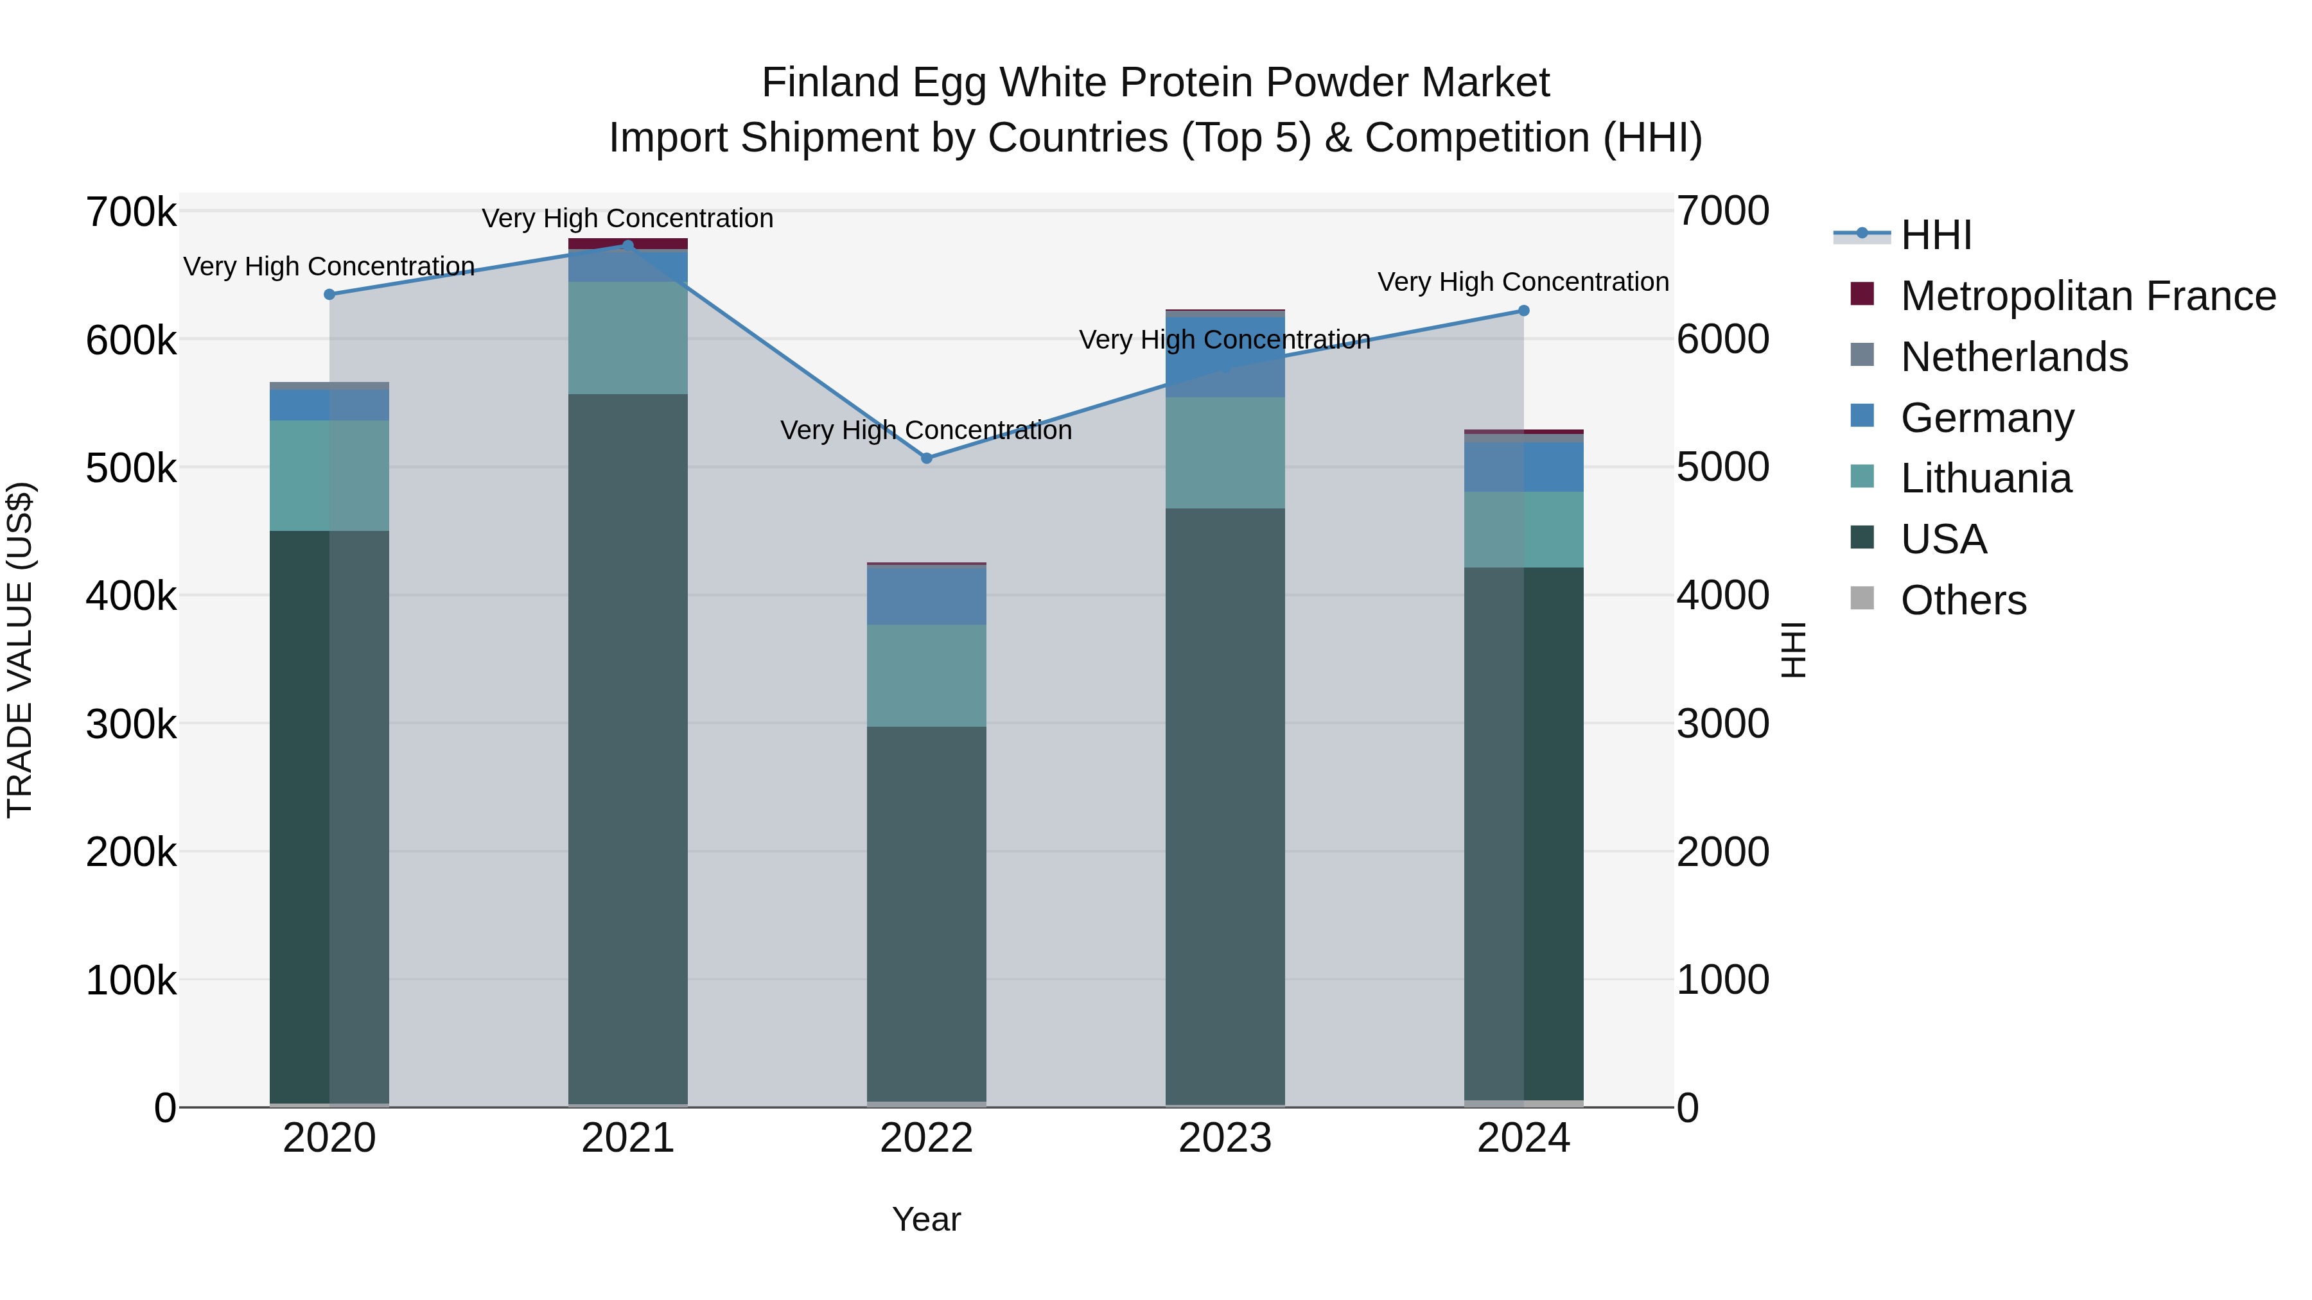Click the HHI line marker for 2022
pos(926,458)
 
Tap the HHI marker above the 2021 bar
pos(627,245)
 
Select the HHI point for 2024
pos(1523,311)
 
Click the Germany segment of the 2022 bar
pos(926,595)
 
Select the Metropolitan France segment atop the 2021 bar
pos(627,243)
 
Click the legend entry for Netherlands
pos(2013,357)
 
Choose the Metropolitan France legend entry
pos(2087,296)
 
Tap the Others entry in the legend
pos(1963,600)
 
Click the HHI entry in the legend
pos(1935,235)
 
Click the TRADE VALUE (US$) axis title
pos(21,650)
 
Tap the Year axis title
pos(926,1219)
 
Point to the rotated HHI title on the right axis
pos(1792,650)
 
